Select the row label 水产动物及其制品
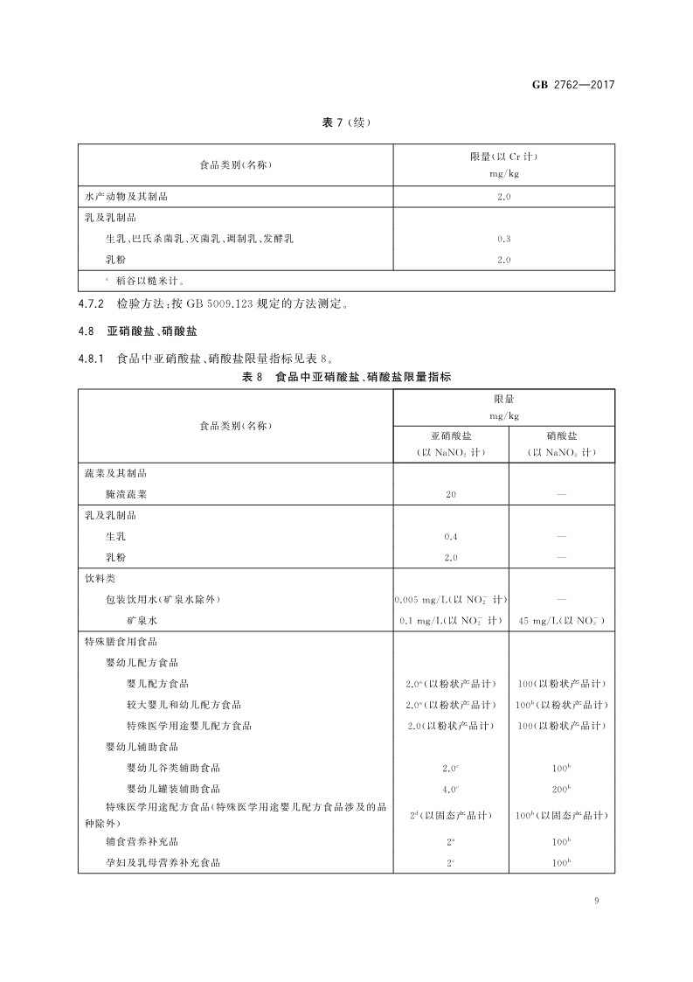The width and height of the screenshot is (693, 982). [x=126, y=197]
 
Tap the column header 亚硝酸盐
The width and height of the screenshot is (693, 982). [x=450, y=434]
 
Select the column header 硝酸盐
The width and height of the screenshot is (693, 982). [x=561, y=434]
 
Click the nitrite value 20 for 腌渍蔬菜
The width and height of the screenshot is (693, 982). [x=450, y=494]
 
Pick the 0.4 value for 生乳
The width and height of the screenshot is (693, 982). [x=450, y=536]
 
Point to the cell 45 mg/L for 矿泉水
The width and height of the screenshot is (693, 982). [x=561, y=620]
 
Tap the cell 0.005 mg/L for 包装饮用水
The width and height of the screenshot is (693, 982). [x=450, y=599]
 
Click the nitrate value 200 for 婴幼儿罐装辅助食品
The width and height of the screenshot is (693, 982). [x=561, y=788]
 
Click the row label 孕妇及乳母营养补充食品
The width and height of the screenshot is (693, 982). [x=163, y=862]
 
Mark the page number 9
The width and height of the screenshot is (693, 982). [x=594, y=901]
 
